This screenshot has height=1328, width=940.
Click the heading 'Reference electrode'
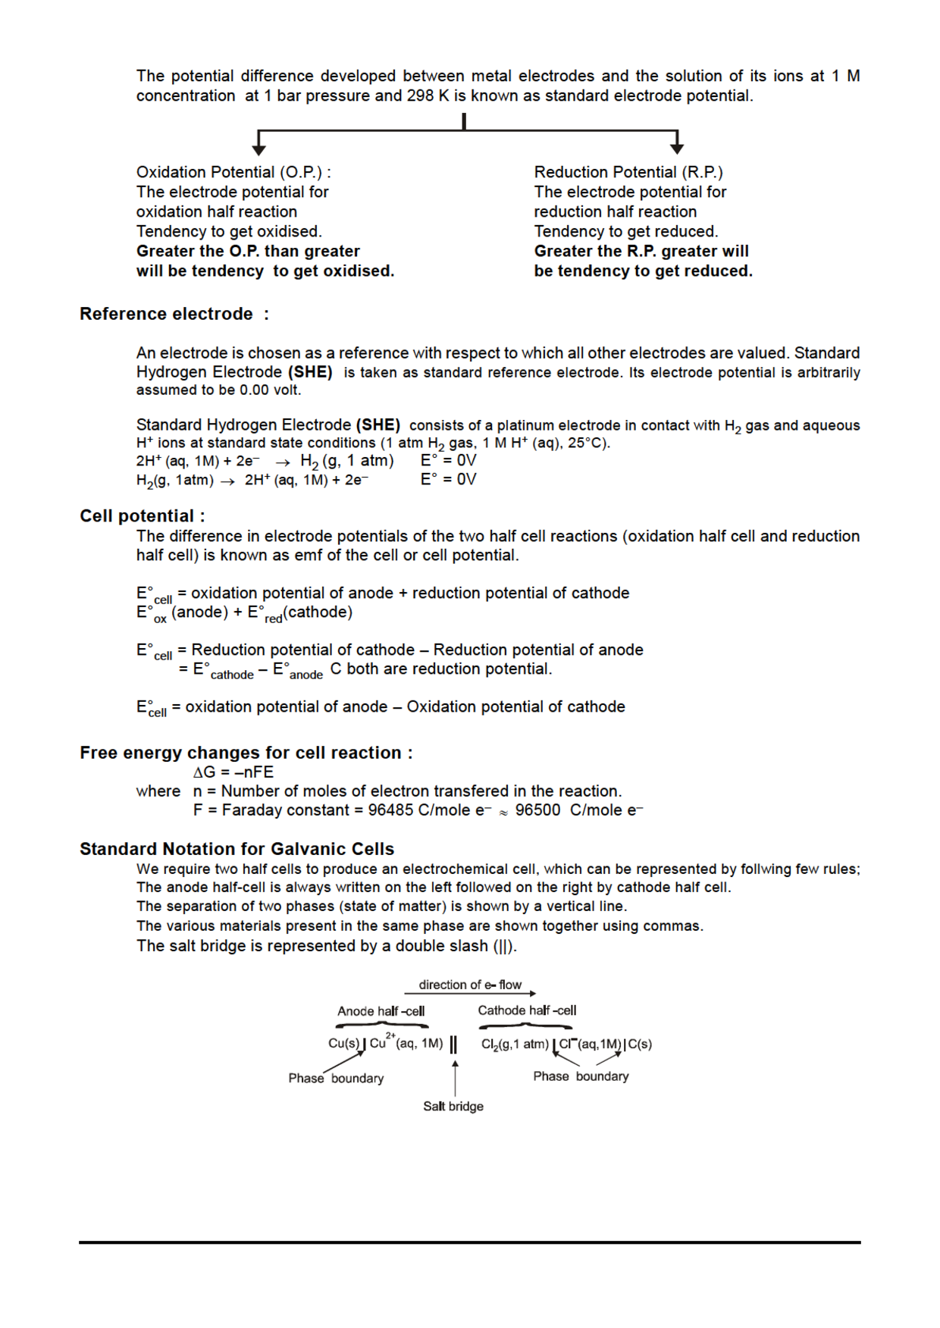coord(166,314)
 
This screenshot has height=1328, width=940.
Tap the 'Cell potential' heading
coord(142,516)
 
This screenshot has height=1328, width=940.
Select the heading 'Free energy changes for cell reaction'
coord(246,753)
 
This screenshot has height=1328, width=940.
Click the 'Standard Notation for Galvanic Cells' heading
coord(237,849)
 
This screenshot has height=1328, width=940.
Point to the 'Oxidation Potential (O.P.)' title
coord(233,172)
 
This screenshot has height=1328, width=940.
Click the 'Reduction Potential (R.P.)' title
coord(628,172)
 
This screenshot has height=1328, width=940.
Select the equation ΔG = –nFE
coord(233,772)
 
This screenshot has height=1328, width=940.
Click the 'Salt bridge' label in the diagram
coord(453,1107)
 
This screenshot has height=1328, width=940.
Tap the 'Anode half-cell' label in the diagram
coord(381,1011)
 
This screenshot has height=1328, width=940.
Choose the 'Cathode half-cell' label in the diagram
coord(527,1010)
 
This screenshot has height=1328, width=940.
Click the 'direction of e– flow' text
coord(470,985)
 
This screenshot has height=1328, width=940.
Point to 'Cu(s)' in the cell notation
coord(343,1044)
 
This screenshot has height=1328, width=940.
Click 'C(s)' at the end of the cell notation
coord(640,1044)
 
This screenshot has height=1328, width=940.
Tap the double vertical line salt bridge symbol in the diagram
coord(453,1045)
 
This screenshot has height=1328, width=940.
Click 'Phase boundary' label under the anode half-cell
coord(336,1079)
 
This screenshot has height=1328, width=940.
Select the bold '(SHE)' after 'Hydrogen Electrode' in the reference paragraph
coord(310,372)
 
